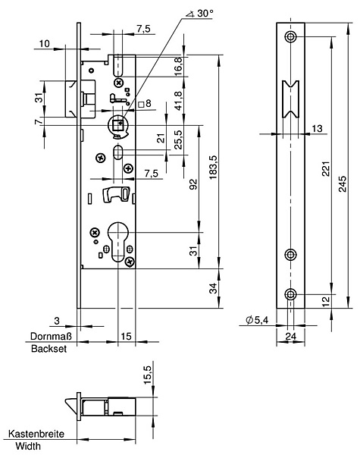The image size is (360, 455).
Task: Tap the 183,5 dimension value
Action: pyautogui.click(x=213, y=167)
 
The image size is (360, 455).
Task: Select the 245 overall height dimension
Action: pyautogui.click(x=343, y=184)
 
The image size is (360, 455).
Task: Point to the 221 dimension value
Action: pyautogui.click(x=327, y=168)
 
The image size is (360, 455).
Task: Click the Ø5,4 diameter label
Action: pyautogui.click(x=257, y=320)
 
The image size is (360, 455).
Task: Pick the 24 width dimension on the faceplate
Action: pyautogui.click(x=291, y=336)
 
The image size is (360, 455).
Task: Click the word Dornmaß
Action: pyautogui.click(x=51, y=336)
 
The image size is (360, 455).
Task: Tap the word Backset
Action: pyautogui.click(x=49, y=349)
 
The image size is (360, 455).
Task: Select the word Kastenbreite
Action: pyautogui.click(x=36, y=434)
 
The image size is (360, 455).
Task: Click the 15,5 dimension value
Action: pyautogui.click(x=148, y=375)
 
